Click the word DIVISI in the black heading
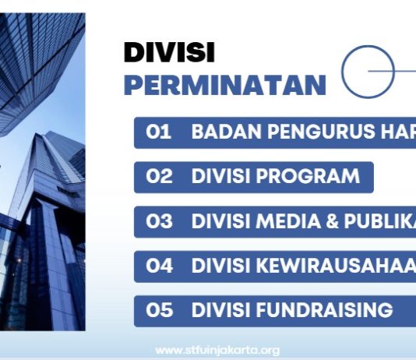click(169, 52)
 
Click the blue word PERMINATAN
click(224, 85)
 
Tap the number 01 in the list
click(158, 132)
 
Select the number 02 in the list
click(159, 176)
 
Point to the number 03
click(159, 221)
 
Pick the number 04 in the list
click(159, 265)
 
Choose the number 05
click(159, 310)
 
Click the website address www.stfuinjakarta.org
click(217, 350)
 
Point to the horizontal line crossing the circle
click(393, 71)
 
